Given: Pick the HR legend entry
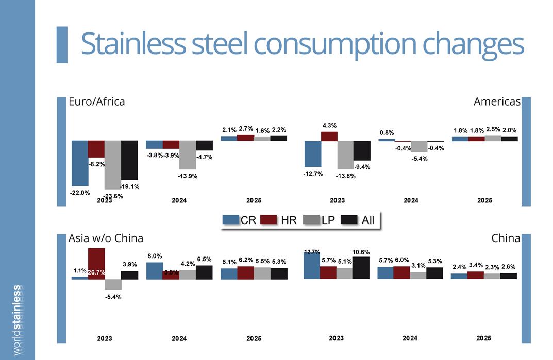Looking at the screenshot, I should (x=278, y=220).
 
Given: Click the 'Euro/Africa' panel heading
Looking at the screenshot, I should (x=97, y=101).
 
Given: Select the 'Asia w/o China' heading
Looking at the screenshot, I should (x=106, y=238).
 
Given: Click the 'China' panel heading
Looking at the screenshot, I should (x=506, y=238).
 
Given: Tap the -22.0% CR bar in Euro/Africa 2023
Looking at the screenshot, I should (x=79, y=163).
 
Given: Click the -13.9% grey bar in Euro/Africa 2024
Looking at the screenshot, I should (x=188, y=155).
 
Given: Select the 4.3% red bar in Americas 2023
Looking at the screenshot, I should (x=329, y=136).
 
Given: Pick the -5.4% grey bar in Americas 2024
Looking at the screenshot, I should (x=419, y=146).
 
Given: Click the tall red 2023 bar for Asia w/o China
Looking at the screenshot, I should (x=96, y=263).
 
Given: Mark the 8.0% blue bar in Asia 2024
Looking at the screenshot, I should (x=154, y=270).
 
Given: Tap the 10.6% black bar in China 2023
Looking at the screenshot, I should (x=361, y=268).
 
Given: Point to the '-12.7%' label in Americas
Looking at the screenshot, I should (x=313, y=174).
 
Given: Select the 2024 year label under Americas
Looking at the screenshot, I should (x=411, y=200).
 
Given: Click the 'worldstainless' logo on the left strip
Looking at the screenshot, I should (x=17, y=319).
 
